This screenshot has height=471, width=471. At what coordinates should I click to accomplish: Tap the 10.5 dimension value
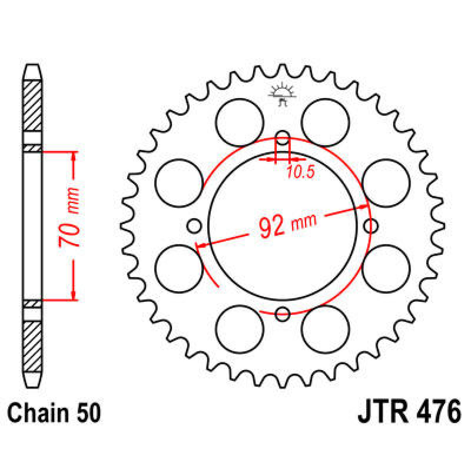point(300,173)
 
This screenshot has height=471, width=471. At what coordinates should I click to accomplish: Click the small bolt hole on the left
point(194,226)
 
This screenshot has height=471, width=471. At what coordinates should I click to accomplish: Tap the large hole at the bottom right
point(325,329)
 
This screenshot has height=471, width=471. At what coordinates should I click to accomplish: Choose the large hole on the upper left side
point(179,183)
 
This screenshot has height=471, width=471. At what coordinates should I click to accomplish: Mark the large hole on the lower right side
point(386,269)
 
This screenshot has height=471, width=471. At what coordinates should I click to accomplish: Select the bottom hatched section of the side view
point(33,347)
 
